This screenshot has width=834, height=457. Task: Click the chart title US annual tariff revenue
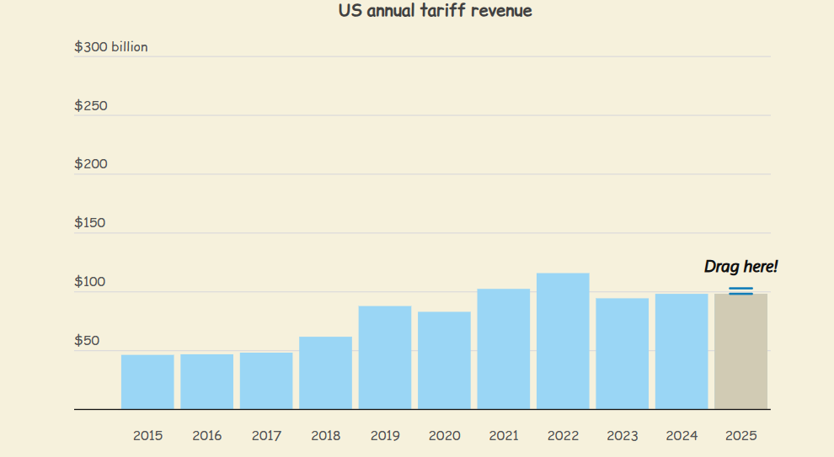coord(435,11)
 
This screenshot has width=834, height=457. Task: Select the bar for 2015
coord(147,382)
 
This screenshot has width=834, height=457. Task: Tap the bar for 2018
coord(325,373)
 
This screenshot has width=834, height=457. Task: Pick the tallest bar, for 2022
coord(563,341)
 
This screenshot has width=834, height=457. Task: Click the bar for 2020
coord(444,360)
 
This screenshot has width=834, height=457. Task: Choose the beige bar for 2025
coord(741,351)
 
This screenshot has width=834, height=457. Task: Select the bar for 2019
coord(385,358)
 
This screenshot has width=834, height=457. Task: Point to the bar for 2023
coord(623,354)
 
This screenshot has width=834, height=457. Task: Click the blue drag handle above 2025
coord(741,290)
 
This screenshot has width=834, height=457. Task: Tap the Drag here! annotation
coord(741,266)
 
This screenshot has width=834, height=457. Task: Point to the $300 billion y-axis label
coord(111,47)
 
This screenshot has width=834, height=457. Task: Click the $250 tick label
coord(91,106)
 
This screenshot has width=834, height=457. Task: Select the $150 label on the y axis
coord(90,223)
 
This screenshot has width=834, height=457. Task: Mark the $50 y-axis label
coord(88,341)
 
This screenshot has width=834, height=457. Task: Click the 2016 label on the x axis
coord(207,436)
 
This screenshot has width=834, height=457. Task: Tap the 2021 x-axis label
coord(504,436)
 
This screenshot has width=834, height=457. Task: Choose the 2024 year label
coord(682,436)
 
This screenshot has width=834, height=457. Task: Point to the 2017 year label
coord(266,436)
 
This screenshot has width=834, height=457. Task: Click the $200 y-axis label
coord(91,163)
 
